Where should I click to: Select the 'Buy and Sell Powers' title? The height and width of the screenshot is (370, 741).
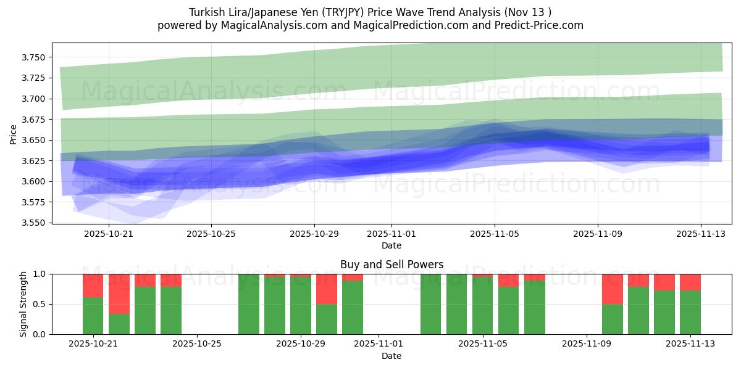pyautogui.click(x=391, y=265)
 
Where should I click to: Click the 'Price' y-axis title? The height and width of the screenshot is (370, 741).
pyautogui.click(x=14, y=133)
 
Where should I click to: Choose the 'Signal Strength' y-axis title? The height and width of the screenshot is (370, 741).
pyautogui.click(x=23, y=304)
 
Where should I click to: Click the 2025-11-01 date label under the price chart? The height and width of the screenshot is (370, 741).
pyautogui.click(x=391, y=234)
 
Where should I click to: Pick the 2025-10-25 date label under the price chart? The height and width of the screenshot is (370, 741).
pyautogui.click(x=211, y=234)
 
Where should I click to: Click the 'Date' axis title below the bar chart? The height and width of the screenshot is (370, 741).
pyautogui.click(x=391, y=356)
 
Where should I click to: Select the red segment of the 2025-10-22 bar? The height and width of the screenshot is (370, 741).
pyautogui.click(x=119, y=294)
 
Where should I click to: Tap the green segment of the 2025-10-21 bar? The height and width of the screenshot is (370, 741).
pyautogui.click(x=93, y=316)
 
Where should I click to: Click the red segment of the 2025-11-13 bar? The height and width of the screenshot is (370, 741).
pyautogui.click(x=690, y=282)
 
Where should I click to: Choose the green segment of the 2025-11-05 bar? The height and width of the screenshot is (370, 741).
pyautogui.click(x=483, y=306)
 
